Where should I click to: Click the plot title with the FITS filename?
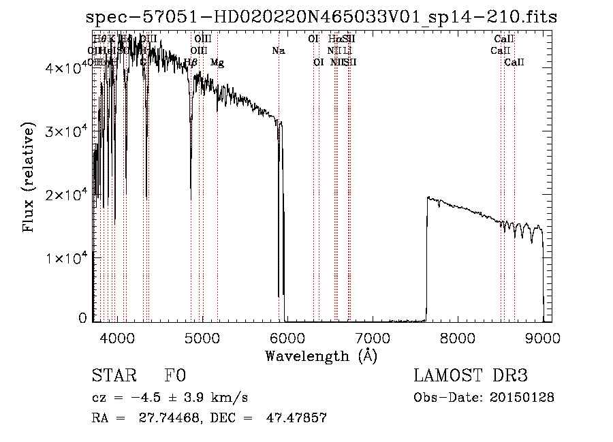point(321,18)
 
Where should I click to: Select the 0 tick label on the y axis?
point(83,318)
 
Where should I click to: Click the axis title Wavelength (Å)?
point(321,356)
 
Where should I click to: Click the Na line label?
point(278,50)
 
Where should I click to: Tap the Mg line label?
point(217,63)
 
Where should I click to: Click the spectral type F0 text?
point(175,375)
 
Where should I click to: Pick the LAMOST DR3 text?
point(471,375)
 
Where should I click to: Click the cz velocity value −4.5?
point(144,397)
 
